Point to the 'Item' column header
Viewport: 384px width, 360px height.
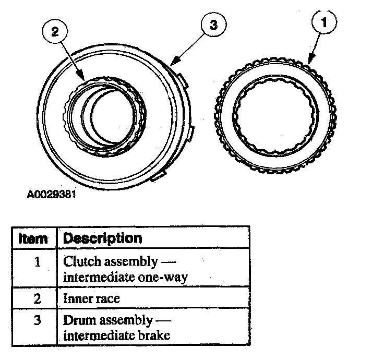click(x=33, y=238)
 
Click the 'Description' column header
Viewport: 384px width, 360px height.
click(x=102, y=238)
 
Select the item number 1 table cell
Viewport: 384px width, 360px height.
click(x=37, y=261)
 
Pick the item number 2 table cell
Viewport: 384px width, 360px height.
click(x=37, y=298)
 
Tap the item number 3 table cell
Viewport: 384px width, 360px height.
click(x=37, y=320)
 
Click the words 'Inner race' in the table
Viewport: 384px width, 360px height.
click(x=91, y=298)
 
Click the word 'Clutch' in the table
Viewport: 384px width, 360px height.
click(x=81, y=261)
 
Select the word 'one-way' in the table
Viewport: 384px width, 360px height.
click(x=165, y=277)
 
